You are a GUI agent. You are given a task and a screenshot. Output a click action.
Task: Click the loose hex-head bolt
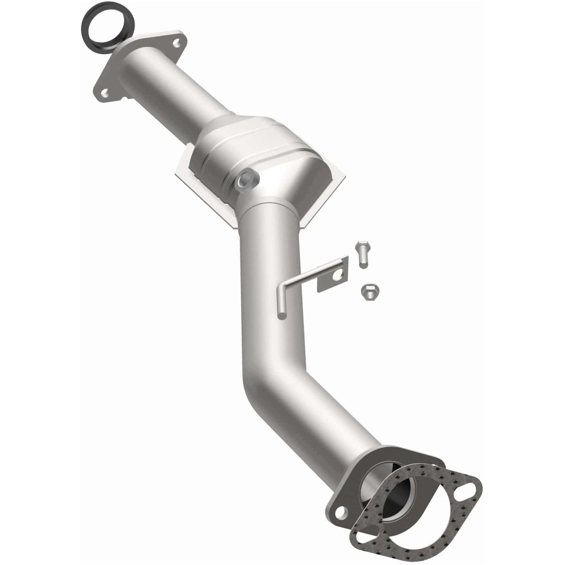click(361, 254)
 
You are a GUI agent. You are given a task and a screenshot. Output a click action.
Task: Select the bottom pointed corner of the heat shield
click(237, 227)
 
